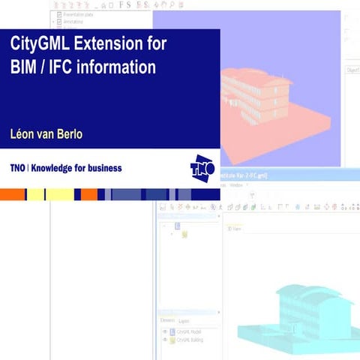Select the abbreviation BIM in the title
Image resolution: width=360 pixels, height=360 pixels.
[26, 67]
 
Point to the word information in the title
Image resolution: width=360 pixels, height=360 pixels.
[123, 67]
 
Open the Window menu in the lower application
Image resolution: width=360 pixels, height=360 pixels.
[236, 184]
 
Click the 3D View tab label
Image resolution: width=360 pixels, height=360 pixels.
[235, 229]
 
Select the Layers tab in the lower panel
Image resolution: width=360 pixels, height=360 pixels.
[184, 320]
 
